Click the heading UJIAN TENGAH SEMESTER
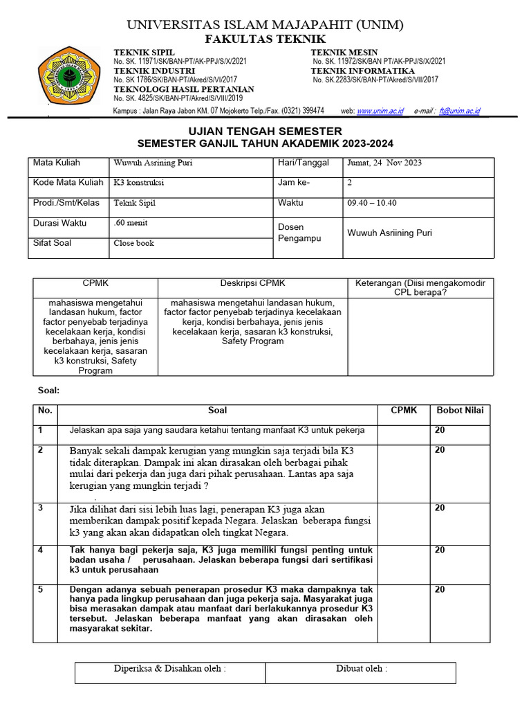[265, 131]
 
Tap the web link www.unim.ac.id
[380, 111]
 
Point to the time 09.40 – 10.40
[372, 204]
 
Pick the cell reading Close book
[134, 243]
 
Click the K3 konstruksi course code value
[139, 183]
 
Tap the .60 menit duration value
[131, 223]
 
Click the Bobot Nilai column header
[460, 411]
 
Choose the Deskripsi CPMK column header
[252, 284]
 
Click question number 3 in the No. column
[41, 508]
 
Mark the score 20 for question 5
[440, 589]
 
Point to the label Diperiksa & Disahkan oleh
[170, 669]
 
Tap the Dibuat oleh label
[362, 669]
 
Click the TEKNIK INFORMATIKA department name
[363, 71]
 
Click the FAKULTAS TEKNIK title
[265, 39]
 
